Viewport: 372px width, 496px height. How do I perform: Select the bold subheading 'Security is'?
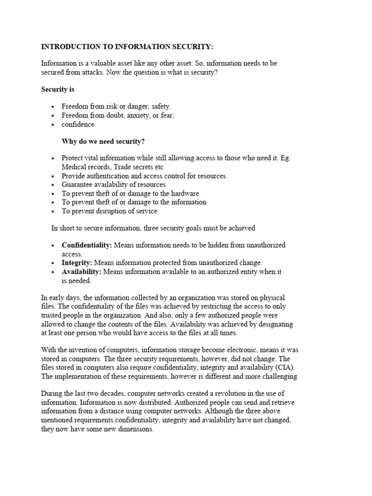(58, 90)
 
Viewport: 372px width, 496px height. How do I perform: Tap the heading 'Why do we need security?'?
(103, 141)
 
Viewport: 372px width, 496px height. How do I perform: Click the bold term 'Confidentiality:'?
(87, 245)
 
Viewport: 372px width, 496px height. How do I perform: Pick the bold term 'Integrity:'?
(77, 263)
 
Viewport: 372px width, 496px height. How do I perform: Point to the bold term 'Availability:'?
(81, 272)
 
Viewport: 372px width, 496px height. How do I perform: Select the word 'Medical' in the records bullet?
(74, 167)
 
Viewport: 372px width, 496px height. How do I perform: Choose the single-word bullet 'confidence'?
(78, 124)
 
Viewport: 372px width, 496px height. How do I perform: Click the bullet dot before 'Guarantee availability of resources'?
(53, 185)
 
